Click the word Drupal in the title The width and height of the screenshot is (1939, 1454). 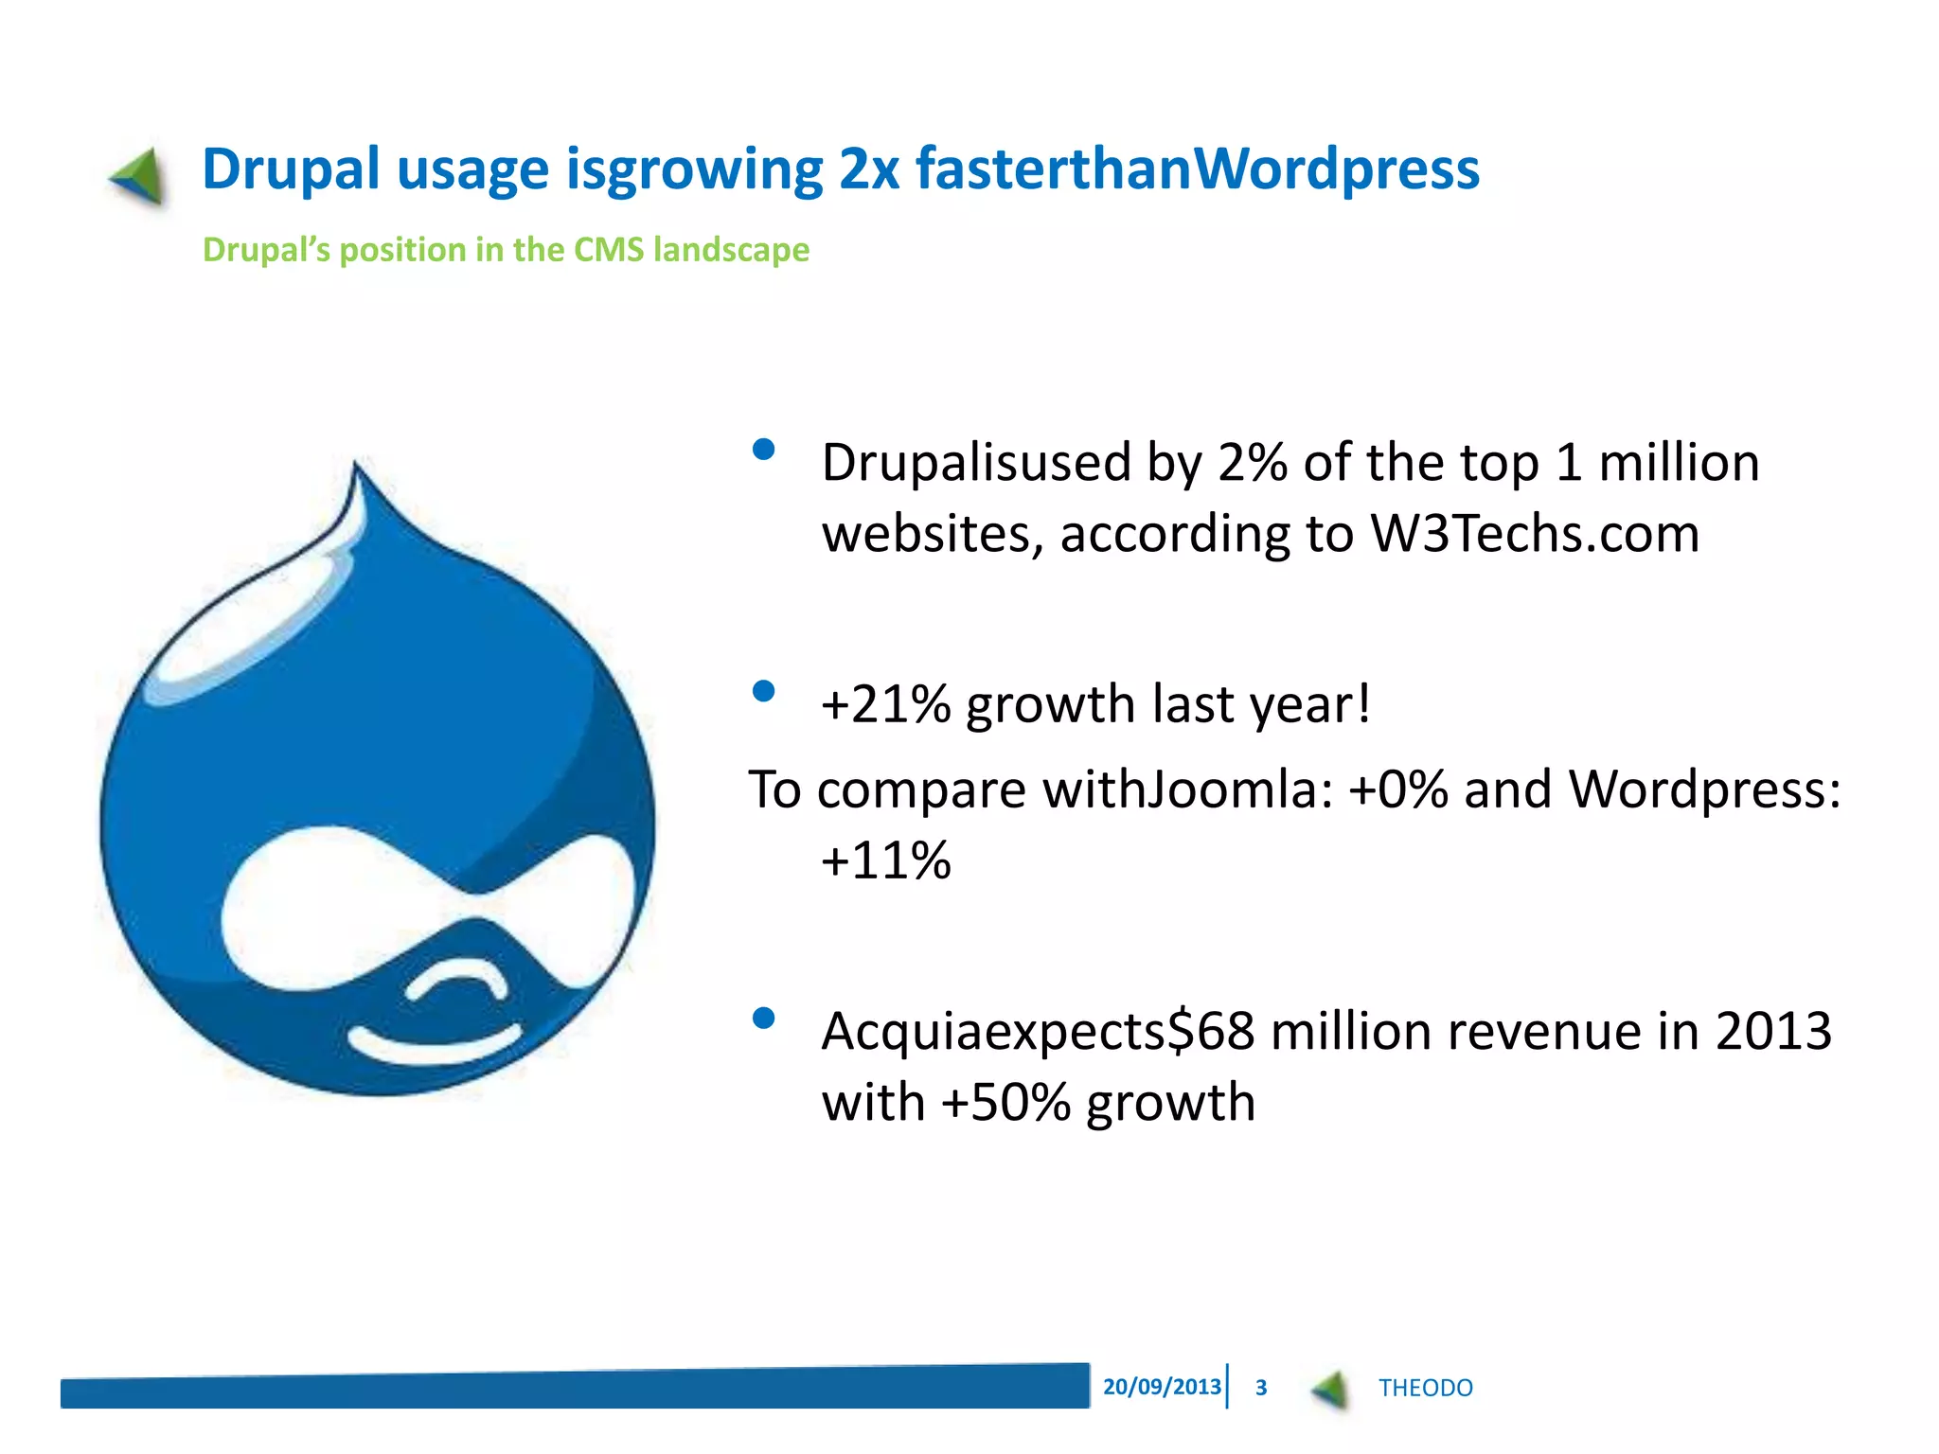point(291,170)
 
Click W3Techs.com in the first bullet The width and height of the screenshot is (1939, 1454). point(1535,534)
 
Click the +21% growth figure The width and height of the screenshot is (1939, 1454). point(886,705)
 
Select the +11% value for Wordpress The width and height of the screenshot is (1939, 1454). point(886,861)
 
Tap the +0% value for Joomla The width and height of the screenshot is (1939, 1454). point(1398,789)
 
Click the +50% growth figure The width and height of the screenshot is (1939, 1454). point(1005,1103)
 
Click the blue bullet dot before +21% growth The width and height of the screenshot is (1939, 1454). point(763,691)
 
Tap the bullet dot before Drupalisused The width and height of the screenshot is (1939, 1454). point(763,450)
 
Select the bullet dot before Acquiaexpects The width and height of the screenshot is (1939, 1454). point(763,1018)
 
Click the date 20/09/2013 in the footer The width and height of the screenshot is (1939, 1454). point(1162,1387)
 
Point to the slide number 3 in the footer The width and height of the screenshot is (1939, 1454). point(1261,1388)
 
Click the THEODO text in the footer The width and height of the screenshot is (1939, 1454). point(1425,1388)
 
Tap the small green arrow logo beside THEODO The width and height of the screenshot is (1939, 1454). point(1330,1389)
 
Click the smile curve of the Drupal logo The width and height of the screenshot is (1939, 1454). point(436,1044)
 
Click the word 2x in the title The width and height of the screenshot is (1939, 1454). point(868,170)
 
